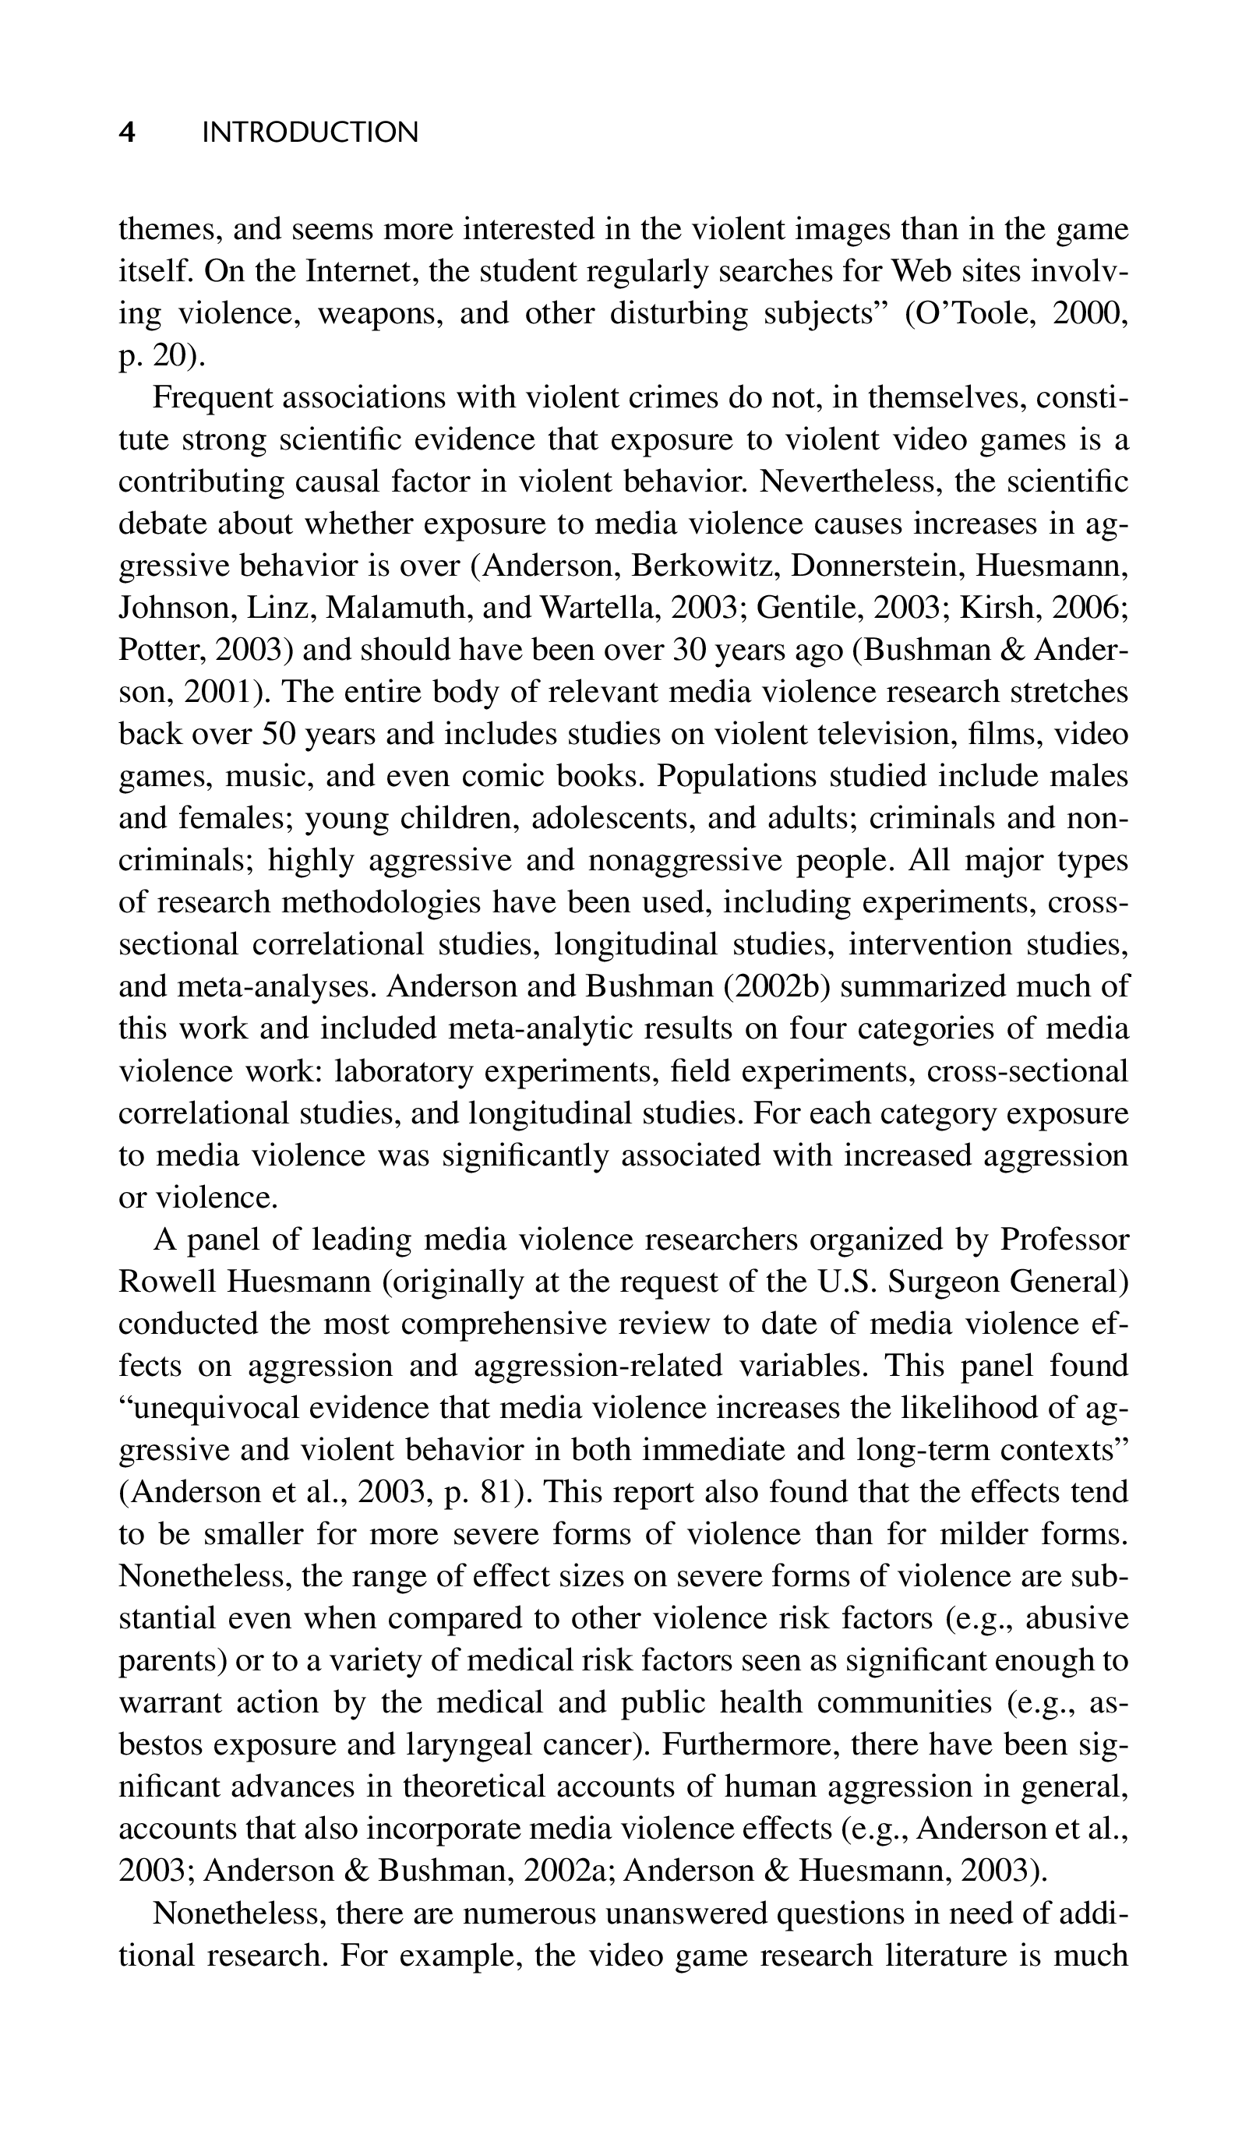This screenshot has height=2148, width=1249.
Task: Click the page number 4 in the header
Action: click(127, 132)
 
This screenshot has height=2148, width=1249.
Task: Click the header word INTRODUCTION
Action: click(310, 132)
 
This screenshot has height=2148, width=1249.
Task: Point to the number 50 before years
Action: click(278, 733)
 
